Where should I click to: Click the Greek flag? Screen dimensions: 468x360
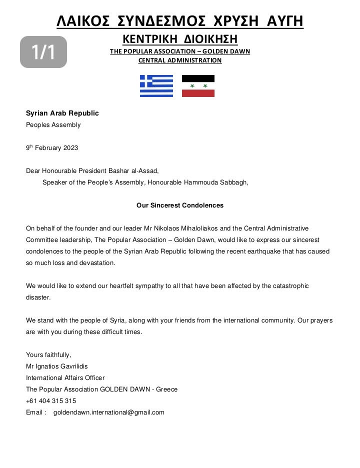(x=156, y=86)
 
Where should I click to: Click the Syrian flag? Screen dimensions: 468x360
(x=198, y=86)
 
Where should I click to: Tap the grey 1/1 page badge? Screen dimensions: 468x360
(x=43, y=52)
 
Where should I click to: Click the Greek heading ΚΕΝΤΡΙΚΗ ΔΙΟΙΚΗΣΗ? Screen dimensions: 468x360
(x=180, y=38)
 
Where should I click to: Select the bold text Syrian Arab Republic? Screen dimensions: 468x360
(x=62, y=113)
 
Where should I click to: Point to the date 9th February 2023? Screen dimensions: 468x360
(x=52, y=148)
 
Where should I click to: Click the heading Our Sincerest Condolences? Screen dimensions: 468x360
(x=180, y=205)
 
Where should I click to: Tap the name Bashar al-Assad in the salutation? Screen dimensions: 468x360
(x=135, y=170)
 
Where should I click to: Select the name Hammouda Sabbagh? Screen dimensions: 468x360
(x=216, y=182)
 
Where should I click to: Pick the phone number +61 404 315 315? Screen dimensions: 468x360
(x=51, y=401)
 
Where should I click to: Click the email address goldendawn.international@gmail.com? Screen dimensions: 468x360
(x=109, y=412)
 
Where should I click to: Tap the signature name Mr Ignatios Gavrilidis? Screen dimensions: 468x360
(x=57, y=366)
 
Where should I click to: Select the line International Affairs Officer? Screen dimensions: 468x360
(x=65, y=378)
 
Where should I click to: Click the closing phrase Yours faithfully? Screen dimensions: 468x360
(x=48, y=355)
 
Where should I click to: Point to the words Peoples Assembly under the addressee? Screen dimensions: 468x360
(x=53, y=125)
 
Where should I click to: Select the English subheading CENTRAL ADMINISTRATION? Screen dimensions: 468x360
(x=180, y=60)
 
